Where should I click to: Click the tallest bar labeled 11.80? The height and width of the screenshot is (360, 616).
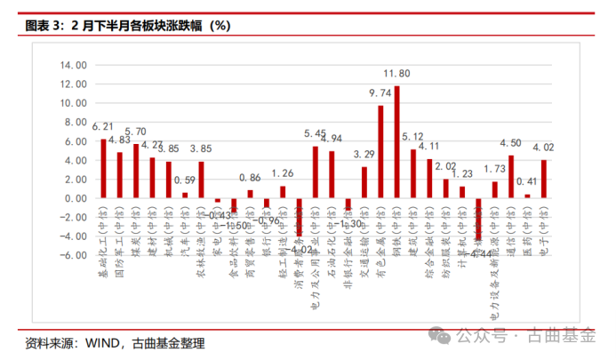click(x=396, y=141)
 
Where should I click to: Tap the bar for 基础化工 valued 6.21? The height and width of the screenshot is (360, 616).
click(x=103, y=168)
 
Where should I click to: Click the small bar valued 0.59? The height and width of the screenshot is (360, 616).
click(x=185, y=195)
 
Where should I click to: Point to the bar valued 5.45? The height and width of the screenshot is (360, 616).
click(x=316, y=172)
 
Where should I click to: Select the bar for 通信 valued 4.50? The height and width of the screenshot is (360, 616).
click(x=510, y=176)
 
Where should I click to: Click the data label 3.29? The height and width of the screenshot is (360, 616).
click(x=364, y=154)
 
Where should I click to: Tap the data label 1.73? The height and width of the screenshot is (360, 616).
click(x=494, y=168)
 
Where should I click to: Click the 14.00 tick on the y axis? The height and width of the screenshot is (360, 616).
click(x=73, y=66)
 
